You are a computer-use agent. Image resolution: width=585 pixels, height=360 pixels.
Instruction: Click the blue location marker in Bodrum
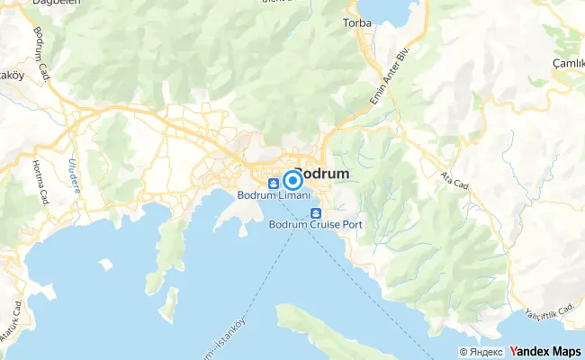[x=292, y=179]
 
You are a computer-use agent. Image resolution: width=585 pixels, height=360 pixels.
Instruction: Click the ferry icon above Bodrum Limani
[x=272, y=184]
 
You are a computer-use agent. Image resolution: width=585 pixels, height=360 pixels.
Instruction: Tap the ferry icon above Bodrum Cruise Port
[x=316, y=213]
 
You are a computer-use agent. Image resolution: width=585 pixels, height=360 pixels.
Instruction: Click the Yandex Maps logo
[x=545, y=351]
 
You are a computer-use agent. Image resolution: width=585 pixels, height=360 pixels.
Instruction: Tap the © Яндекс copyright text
[x=481, y=352]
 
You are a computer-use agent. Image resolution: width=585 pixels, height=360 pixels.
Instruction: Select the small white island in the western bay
[x=105, y=265]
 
